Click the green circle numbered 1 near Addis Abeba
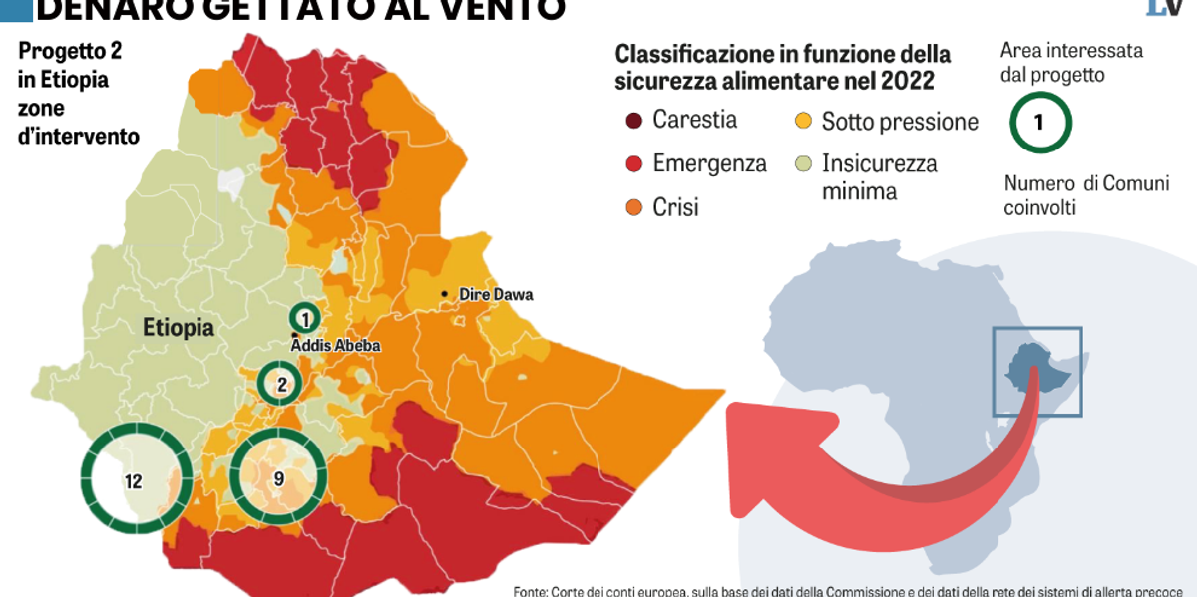click(305, 318)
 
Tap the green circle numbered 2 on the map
click(282, 384)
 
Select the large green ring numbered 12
click(135, 481)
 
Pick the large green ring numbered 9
click(279, 478)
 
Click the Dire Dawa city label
click(496, 295)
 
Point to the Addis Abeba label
click(336, 346)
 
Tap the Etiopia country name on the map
click(179, 327)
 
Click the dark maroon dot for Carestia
click(632, 122)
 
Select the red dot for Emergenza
click(632, 164)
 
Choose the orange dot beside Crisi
click(632, 208)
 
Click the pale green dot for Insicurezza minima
click(802, 164)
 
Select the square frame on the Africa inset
click(1036, 371)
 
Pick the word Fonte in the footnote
click(530, 590)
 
